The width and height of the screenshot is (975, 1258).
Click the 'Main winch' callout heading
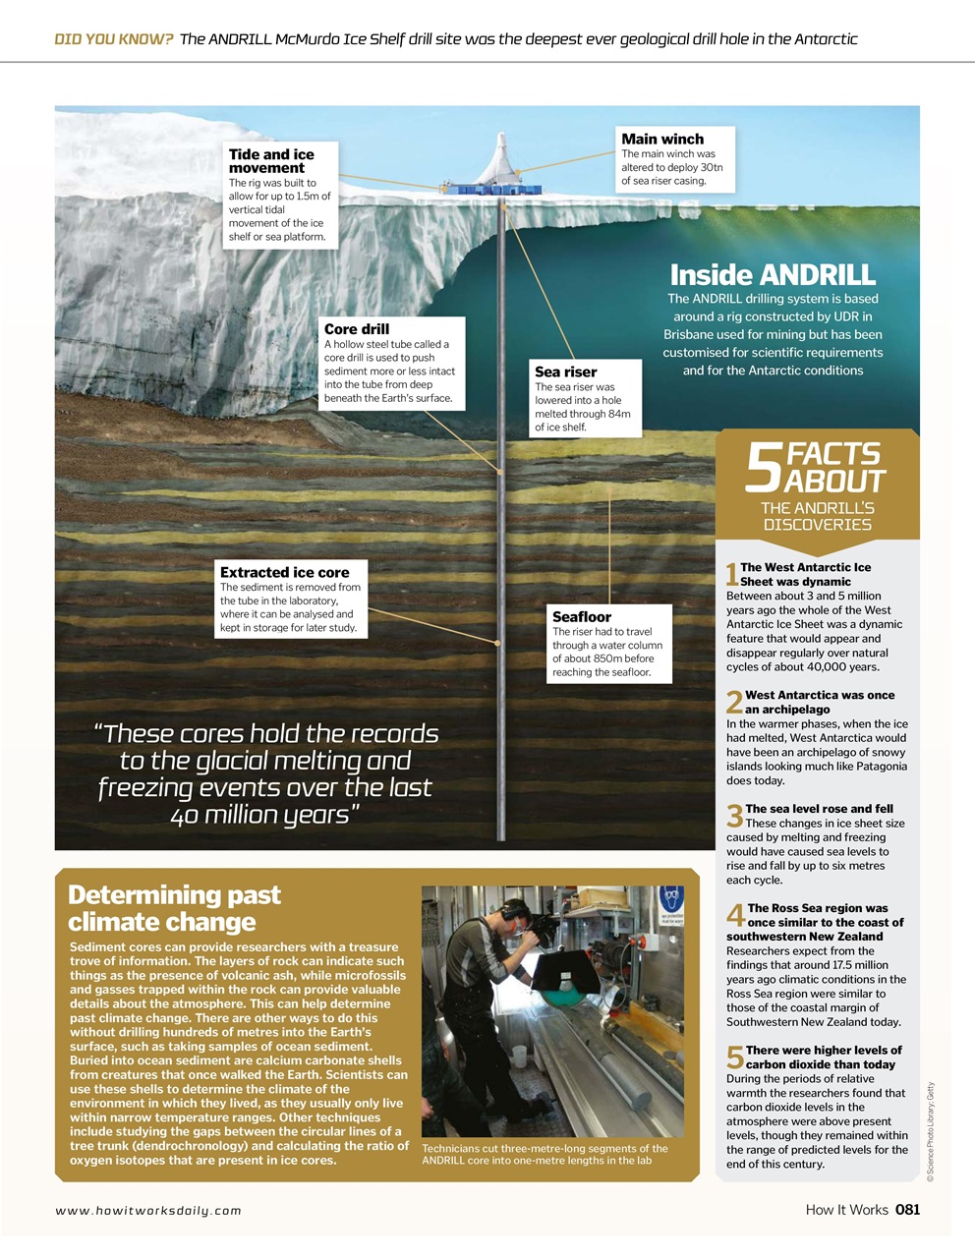point(662,140)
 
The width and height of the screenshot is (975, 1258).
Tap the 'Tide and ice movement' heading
point(271,161)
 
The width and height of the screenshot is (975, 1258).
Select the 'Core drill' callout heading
point(357,329)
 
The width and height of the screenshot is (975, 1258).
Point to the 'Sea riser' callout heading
point(565,372)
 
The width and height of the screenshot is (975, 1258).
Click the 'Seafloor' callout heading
point(581,616)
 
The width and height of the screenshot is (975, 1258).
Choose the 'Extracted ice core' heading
point(284,572)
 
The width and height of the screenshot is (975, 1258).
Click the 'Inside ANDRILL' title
point(773,274)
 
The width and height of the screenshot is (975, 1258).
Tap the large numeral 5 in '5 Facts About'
point(763,470)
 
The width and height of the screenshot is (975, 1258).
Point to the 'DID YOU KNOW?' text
point(114,39)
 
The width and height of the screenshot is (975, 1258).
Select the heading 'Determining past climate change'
point(174,908)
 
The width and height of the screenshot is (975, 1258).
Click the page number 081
point(907,1210)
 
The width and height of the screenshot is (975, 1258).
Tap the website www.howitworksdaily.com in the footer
point(148,1211)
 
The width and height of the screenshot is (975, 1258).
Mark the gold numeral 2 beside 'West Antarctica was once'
point(733,703)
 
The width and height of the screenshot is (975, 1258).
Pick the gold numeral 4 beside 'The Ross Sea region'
point(734,916)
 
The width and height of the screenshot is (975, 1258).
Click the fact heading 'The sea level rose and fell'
point(819,809)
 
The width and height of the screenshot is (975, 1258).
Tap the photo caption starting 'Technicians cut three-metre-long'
point(544,1154)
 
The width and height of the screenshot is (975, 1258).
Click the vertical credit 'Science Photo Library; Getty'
point(930,1130)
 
